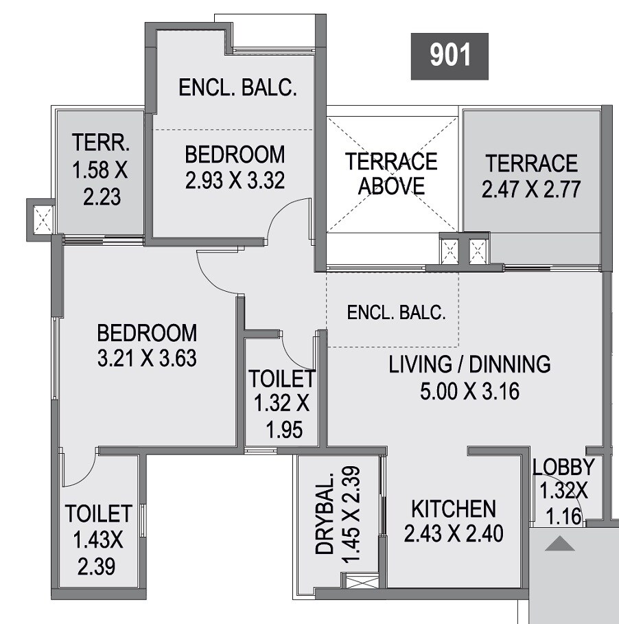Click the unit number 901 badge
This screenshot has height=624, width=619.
(449, 56)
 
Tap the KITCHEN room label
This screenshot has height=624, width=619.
(453, 509)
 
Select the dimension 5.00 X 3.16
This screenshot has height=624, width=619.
(469, 391)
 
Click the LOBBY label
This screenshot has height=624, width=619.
(563, 467)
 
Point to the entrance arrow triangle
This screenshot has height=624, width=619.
(561, 544)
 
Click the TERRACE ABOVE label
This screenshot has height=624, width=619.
(391, 173)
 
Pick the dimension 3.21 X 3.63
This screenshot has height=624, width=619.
(147, 358)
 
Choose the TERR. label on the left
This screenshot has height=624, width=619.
(100, 143)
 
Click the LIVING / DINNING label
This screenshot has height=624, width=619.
(469, 364)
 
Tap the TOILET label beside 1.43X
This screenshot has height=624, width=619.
(98, 513)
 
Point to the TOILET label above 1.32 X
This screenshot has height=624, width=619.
(281, 378)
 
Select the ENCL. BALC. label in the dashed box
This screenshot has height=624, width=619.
(396, 313)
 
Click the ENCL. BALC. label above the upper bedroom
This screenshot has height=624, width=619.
(237, 88)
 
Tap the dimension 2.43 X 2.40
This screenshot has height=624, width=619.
(453, 533)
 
